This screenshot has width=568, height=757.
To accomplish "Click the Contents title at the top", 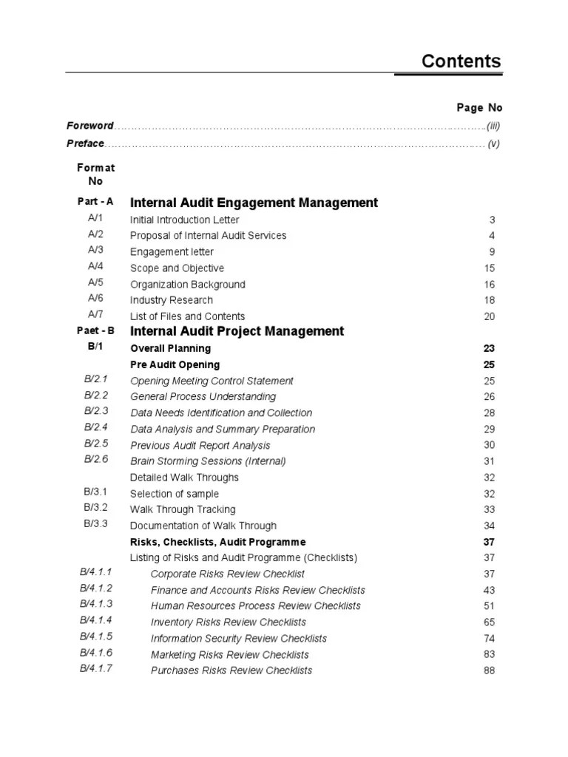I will tap(461, 61).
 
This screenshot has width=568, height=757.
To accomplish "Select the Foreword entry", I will tap(89, 126).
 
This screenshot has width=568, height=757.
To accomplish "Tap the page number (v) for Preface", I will tap(493, 144).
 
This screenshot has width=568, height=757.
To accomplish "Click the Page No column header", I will tap(479, 108).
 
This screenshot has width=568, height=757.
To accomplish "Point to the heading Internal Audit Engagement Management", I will tap(254, 203).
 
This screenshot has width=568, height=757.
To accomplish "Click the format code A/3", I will tap(95, 251).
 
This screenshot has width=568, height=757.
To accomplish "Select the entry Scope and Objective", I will tap(177, 268).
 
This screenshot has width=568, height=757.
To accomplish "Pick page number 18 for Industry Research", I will tap(489, 300).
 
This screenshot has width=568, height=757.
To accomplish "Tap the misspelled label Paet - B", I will tap(95, 331).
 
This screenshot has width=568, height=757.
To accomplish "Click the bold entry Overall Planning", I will tap(170, 348).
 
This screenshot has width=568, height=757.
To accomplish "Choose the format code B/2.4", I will tap(95, 427).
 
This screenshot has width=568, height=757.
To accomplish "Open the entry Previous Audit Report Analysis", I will tap(200, 446).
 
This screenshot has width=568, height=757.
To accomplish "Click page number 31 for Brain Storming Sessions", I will tap(489, 461).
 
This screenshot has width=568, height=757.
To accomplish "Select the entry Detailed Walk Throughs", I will tap(184, 478).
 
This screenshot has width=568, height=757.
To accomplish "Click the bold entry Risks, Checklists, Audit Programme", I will tap(217, 542).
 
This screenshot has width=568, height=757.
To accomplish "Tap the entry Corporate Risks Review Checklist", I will tap(227, 574).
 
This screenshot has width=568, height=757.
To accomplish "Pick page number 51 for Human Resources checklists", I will tap(489, 606).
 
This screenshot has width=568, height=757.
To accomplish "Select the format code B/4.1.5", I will tap(95, 637).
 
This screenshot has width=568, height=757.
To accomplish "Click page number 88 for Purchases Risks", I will tap(489, 671).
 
